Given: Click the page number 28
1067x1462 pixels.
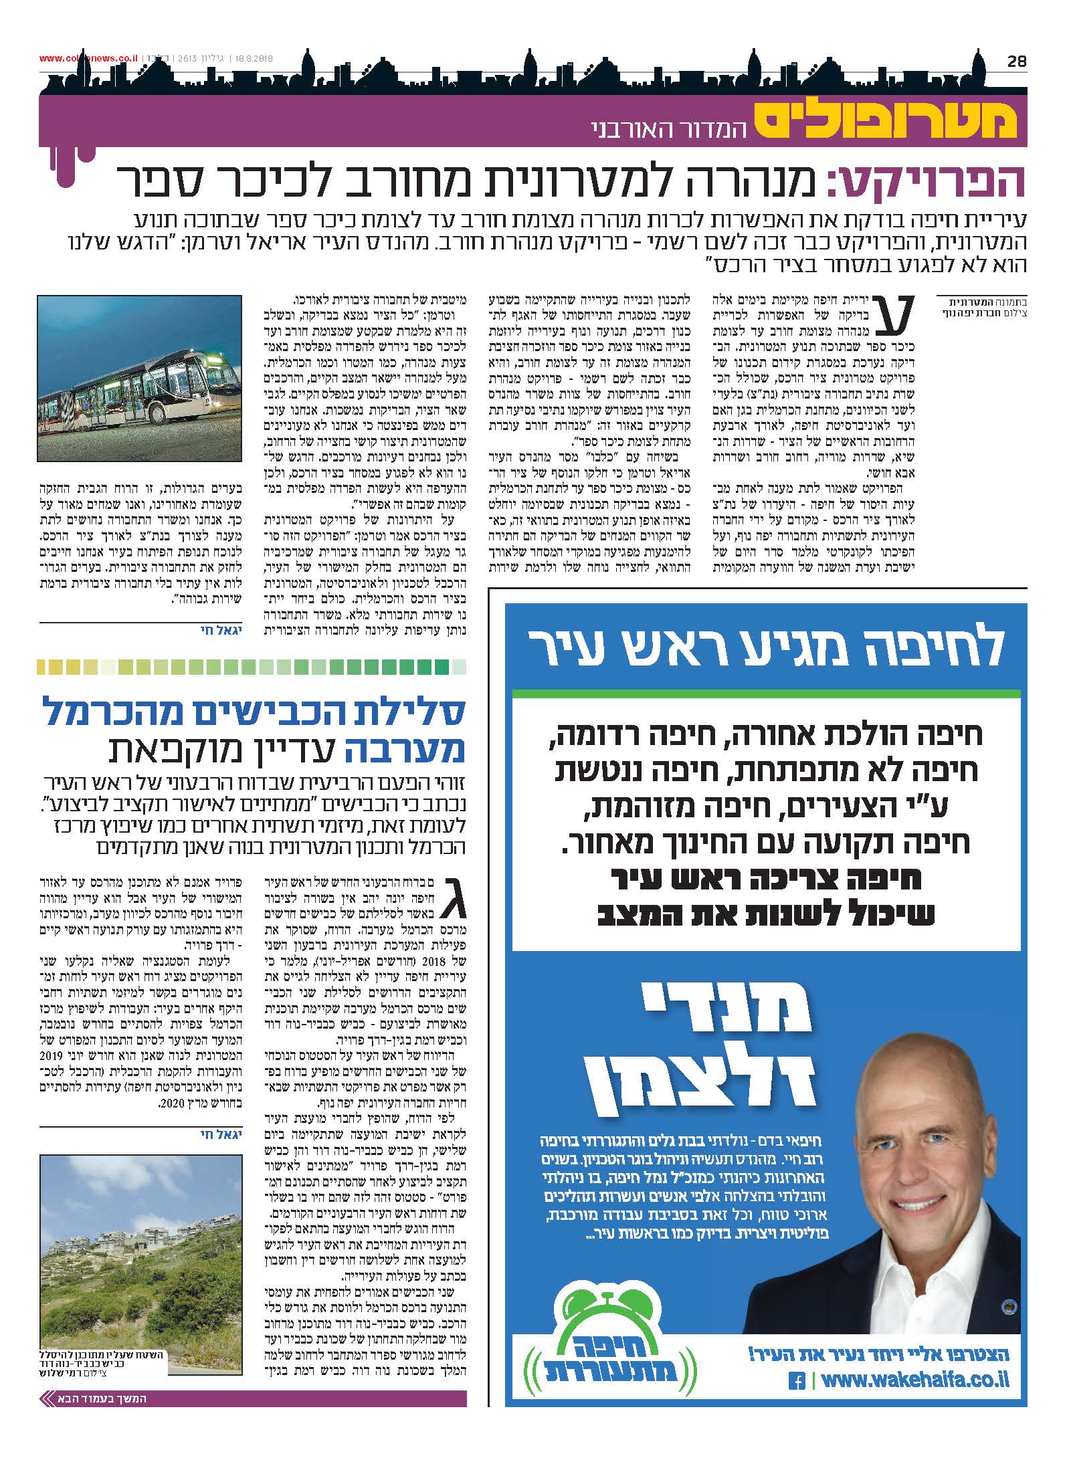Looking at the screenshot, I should pyautogui.click(x=1015, y=61).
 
